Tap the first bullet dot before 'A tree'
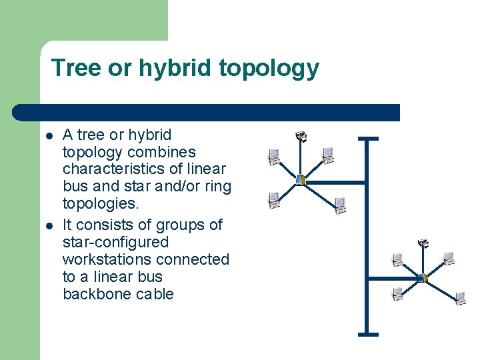[49, 136]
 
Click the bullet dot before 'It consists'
[49, 226]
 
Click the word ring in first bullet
[219, 186]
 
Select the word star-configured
[115, 242]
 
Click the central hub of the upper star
[300, 180]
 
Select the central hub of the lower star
[423, 277]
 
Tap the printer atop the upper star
[301, 136]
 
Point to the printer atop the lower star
[423, 244]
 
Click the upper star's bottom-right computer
[340, 205]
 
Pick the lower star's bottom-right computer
[460, 297]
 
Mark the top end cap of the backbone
[367, 139]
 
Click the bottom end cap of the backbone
[367, 333]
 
